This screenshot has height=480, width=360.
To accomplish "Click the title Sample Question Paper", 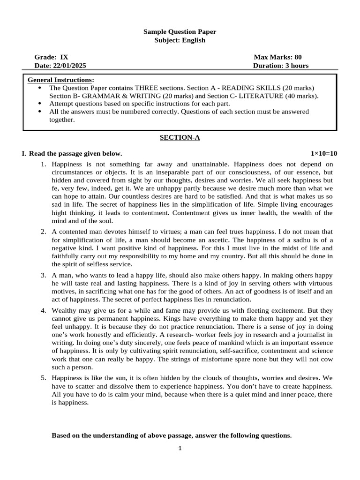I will [180, 31].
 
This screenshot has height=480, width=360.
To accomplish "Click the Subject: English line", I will [180, 40].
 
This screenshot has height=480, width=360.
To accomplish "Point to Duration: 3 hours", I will [281, 66].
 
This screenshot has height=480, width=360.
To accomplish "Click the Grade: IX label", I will [51, 57].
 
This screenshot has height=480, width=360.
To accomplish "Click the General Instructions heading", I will [60, 80].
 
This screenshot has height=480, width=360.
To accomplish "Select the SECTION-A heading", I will [180, 137].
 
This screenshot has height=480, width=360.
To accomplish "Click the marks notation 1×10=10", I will [323, 154].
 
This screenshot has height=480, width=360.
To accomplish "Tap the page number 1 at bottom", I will [180, 448].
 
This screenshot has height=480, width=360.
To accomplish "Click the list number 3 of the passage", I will [43, 276].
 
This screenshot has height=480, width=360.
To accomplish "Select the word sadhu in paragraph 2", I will [277, 240].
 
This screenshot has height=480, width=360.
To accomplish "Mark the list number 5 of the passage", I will [43, 377].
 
